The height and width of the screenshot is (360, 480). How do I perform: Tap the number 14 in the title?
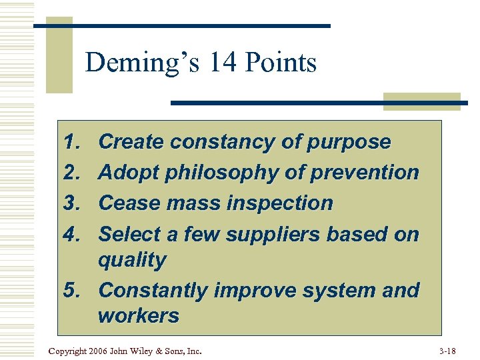point(221,63)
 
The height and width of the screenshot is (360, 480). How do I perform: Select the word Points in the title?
point(281,63)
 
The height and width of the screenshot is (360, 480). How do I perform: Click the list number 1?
point(71,142)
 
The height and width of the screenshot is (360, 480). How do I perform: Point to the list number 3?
point(71,203)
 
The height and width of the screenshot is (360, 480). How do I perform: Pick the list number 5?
point(71,291)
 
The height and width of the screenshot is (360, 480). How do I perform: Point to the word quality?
point(132,261)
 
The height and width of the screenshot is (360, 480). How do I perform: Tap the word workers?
point(139,315)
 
